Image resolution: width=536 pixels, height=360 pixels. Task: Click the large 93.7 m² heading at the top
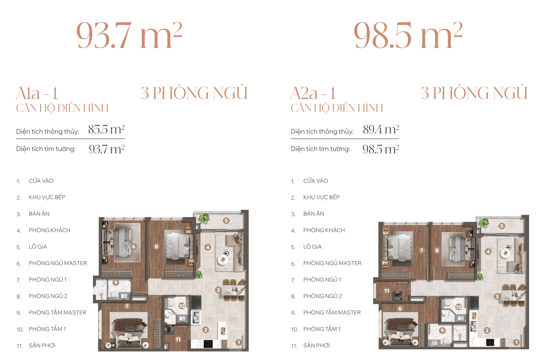point(129,35)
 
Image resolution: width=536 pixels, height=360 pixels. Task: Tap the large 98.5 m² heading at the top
point(408,35)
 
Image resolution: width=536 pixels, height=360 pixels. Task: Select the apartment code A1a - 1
point(37,93)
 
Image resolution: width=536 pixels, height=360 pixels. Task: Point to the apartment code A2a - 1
point(313,93)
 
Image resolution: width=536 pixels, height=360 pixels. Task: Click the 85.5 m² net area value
point(106,130)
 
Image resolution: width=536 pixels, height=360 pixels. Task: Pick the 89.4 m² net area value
point(381,130)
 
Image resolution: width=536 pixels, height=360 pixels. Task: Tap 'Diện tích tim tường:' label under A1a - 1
point(46,149)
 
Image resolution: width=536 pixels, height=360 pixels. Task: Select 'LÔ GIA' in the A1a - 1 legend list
point(38,246)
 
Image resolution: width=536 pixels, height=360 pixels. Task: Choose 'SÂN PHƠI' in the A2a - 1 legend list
point(316,345)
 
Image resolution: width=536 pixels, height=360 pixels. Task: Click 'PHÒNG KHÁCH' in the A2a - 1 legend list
point(324,230)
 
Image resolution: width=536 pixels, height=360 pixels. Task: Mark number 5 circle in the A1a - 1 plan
point(226,221)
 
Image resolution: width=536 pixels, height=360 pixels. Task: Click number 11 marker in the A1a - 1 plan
point(178,339)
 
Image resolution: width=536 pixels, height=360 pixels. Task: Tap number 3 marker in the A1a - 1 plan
point(218,290)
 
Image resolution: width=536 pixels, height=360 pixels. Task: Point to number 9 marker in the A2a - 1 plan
point(442,331)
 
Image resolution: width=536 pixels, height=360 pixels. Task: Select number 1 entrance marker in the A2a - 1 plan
point(516,342)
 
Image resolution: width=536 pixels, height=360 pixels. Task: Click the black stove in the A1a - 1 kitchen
point(208,344)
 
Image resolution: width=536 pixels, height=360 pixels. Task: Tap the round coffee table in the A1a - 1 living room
point(223,259)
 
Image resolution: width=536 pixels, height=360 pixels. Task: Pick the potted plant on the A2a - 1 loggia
point(484,223)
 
